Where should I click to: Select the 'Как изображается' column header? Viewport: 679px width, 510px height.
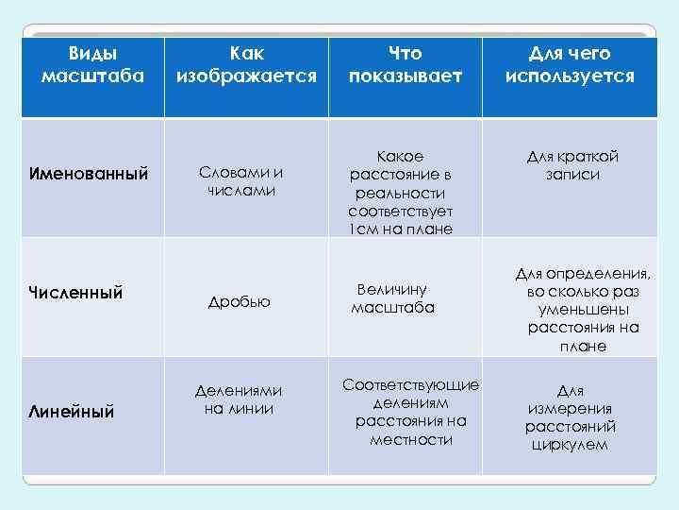click(246, 64)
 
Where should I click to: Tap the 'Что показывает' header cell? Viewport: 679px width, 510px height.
click(406, 64)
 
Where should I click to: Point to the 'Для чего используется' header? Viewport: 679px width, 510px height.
click(570, 64)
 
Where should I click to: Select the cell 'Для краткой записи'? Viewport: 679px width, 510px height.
click(571, 165)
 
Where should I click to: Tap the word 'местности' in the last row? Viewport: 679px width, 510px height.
click(411, 439)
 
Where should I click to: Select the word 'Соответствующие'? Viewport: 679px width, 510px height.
click(411, 385)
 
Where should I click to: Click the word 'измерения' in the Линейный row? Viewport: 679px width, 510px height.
click(569, 408)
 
